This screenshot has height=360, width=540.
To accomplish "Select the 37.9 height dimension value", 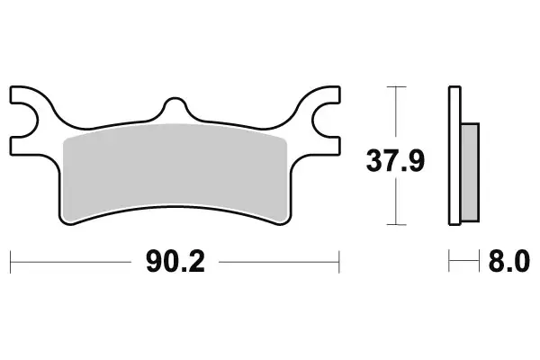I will coord(393,162).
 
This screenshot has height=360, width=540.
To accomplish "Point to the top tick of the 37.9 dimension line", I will coord(393,86).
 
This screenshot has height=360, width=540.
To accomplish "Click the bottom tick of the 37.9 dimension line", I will coord(393,224).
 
